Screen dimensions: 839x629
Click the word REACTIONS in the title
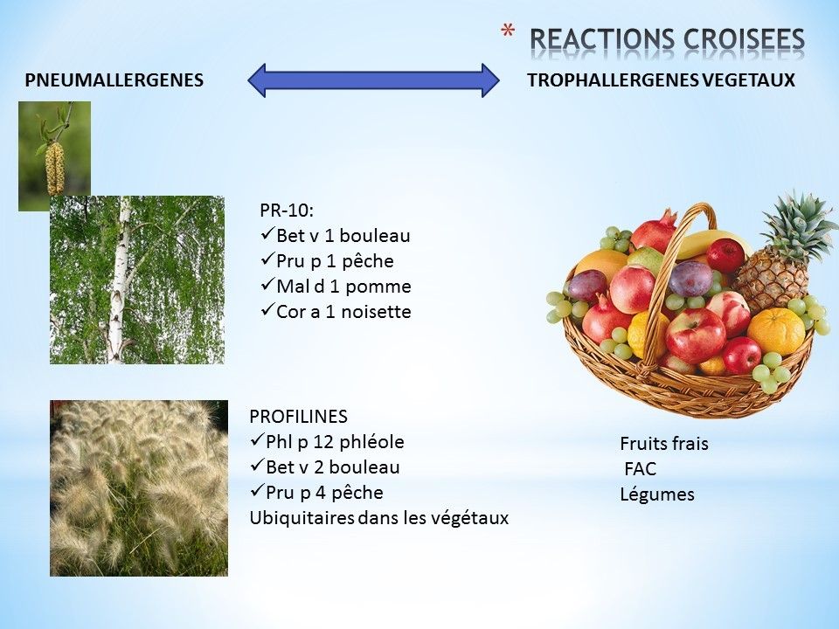click(x=602, y=39)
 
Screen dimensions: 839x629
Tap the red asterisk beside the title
click(x=508, y=31)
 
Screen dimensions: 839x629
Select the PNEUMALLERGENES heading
click(x=114, y=80)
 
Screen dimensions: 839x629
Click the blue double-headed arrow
click(x=373, y=80)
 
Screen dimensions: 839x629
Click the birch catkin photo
click(x=54, y=156)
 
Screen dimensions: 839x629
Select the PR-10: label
click(x=287, y=211)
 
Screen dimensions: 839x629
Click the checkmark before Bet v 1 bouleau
click(x=267, y=234)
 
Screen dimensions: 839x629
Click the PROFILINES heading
click(x=298, y=416)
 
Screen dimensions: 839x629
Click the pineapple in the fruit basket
click(x=779, y=252)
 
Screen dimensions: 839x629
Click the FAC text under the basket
click(x=640, y=469)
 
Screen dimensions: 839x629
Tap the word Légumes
click(x=657, y=494)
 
